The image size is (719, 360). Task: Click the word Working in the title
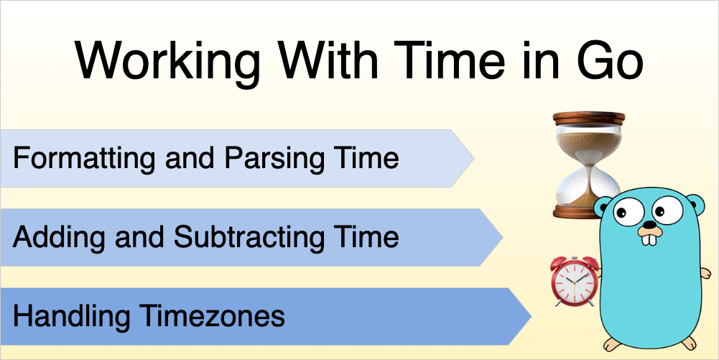[170, 63]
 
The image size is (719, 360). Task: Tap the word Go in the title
[610, 60]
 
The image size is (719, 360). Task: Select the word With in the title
[327, 60]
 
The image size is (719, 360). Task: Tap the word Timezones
[213, 316]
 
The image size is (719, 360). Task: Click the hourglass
[588, 165]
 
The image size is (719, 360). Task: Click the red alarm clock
[575, 281]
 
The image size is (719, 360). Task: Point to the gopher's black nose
[649, 225]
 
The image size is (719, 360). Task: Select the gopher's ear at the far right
[695, 205]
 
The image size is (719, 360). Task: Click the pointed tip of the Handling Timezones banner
[531, 316]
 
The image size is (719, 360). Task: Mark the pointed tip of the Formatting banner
[474, 159]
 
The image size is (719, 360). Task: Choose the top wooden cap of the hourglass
[589, 118]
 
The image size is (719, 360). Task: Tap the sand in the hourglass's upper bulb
[589, 142]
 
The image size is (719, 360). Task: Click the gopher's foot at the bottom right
[687, 343]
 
